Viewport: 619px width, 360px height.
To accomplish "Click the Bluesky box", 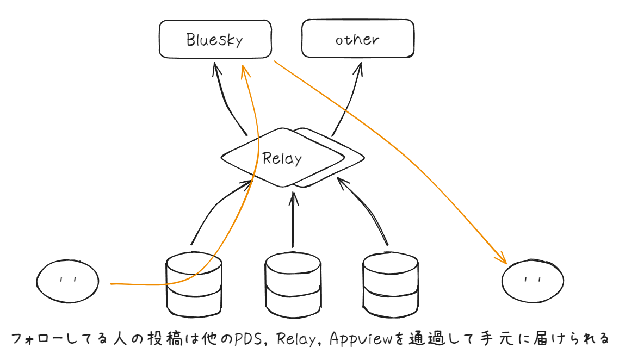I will [x=215, y=39].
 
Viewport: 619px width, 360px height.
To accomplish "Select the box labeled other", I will [x=357, y=39].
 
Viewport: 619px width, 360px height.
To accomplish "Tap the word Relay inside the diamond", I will [x=282, y=158].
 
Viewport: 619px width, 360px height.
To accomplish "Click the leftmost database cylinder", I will [x=194, y=283].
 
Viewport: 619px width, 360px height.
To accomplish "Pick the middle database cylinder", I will [x=293, y=284].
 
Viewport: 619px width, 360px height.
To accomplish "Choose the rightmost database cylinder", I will [x=391, y=283].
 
